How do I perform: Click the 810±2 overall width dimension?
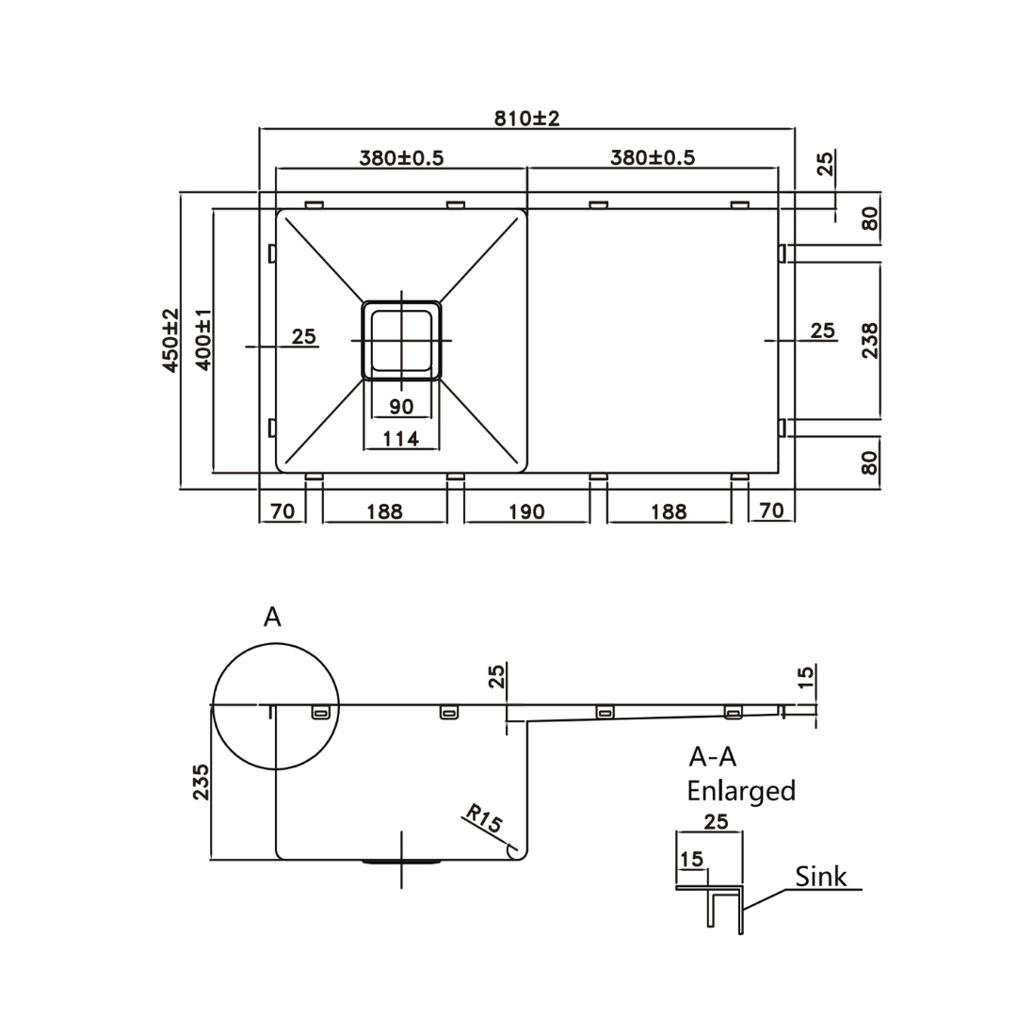pos(527,118)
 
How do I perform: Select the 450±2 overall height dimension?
pos(171,340)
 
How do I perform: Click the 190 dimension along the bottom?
pos(526,511)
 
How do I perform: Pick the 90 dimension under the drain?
pos(401,407)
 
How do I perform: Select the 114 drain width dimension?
pos(401,438)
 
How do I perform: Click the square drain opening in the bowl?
pos(401,339)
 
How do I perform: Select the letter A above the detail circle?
pos(272,617)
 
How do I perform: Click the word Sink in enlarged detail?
pos(820,877)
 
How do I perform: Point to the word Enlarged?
pos(741,790)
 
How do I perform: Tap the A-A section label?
pos(713,756)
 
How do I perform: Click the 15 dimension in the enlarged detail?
pos(690,859)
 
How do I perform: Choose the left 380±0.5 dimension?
pos(401,157)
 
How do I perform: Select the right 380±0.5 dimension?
pos(653,157)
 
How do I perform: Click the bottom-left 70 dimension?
pos(282,511)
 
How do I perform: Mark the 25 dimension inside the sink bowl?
pos(303,336)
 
